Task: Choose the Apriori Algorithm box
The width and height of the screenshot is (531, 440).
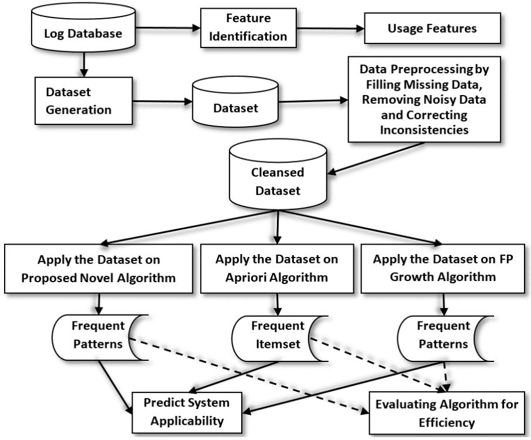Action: [276, 269]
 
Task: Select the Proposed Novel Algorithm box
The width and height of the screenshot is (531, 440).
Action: [99, 269]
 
